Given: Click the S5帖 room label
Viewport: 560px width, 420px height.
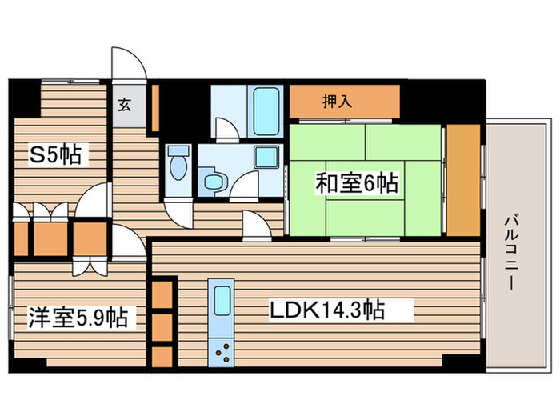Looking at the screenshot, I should click(54, 154).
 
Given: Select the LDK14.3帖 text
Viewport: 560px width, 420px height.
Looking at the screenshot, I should click(341, 310).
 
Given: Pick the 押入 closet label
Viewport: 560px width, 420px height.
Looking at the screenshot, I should click(337, 102).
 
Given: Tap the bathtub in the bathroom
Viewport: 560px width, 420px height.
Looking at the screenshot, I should click(265, 111).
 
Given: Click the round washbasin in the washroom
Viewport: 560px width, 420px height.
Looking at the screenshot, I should click(213, 182).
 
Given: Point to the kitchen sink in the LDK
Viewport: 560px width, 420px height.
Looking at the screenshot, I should click(220, 301).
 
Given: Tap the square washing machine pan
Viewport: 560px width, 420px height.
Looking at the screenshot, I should click(264, 158).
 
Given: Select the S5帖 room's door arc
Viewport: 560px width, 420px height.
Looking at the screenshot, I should click(95, 199).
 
